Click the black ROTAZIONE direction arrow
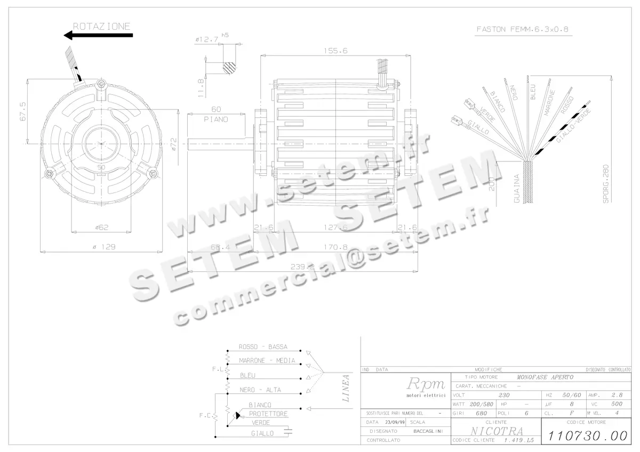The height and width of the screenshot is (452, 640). click(98, 36)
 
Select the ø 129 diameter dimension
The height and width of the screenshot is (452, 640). click(105, 247)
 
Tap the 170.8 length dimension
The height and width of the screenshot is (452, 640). click(335, 247)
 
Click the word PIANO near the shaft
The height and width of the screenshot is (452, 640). click(215, 119)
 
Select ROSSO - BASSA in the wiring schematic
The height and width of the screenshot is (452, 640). click(263, 346)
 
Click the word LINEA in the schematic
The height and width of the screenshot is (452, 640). click(346, 389)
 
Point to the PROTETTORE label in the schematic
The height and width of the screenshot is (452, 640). click(268, 414)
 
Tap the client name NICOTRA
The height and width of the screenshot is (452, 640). click(496, 431)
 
